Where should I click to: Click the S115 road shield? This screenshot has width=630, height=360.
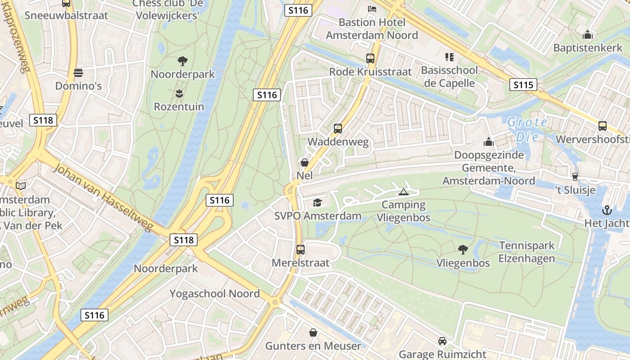[x=523, y=85]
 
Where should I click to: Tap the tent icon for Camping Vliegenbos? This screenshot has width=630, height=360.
[x=404, y=192]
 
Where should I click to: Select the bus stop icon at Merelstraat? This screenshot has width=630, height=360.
[x=300, y=249]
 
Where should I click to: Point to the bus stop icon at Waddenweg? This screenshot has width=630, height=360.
[x=338, y=129]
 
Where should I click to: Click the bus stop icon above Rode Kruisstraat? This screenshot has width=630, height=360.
[x=370, y=58]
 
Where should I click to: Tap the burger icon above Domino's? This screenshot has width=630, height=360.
[x=78, y=72]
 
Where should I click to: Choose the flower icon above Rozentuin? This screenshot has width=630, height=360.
[x=179, y=94]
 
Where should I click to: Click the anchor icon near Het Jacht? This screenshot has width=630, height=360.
[x=607, y=210]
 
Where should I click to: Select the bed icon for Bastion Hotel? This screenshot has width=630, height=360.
[x=372, y=9]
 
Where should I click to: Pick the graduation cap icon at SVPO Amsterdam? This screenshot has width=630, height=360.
[x=317, y=203]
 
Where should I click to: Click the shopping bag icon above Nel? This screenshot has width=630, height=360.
[x=305, y=162]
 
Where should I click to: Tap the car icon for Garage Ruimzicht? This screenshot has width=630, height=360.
[x=442, y=341]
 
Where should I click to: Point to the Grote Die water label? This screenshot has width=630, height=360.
[x=527, y=129]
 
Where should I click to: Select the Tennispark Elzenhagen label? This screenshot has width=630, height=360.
[x=526, y=252]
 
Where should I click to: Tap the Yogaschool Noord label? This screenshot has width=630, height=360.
[x=215, y=294]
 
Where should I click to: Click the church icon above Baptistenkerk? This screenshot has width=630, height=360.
[x=587, y=35]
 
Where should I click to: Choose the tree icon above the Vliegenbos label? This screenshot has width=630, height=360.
[x=463, y=250]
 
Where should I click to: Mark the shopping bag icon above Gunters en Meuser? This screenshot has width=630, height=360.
[x=313, y=333]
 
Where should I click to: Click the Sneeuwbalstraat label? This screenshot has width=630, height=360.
[x=66, y=15]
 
